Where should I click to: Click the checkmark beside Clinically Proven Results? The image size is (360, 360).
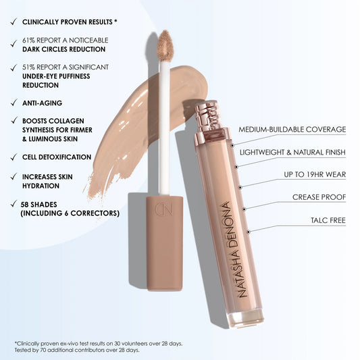pyautogui.click(x=14, y=22)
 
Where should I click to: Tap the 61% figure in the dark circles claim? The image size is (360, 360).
pyautogui.click(x=28, y=41)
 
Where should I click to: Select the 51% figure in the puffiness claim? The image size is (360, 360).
pyautogui.click(x=28, y=68)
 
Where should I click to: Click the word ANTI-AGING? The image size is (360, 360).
pyautogui.click(x=43, y=103)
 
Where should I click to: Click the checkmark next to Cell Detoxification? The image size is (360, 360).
pyautogui.click(x=14, y=157)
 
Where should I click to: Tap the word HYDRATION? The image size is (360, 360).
pyautogui.click(x=41, y=186)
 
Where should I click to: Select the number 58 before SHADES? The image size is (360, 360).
pyautogui.click(x=24, y=205)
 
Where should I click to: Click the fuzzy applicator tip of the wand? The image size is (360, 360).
pyautogui.click(x=165, y=45)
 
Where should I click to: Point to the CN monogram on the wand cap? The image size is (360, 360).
pyautogui.click(x=163, y=209)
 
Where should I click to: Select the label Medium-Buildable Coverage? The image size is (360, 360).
pyautogui.click(x=292, y=130)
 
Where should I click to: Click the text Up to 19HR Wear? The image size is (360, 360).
pyautogui.click(x=315, y=174)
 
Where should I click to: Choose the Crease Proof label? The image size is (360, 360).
pyautogui.click(x=319, y=197)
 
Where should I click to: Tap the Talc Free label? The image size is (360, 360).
pyautogui.click(x=328, y=220)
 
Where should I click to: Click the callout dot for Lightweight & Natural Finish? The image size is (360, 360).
pyautogui.click(x=236, y=167)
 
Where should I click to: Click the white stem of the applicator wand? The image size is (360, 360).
pyautogui.click(x=164, y=128)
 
